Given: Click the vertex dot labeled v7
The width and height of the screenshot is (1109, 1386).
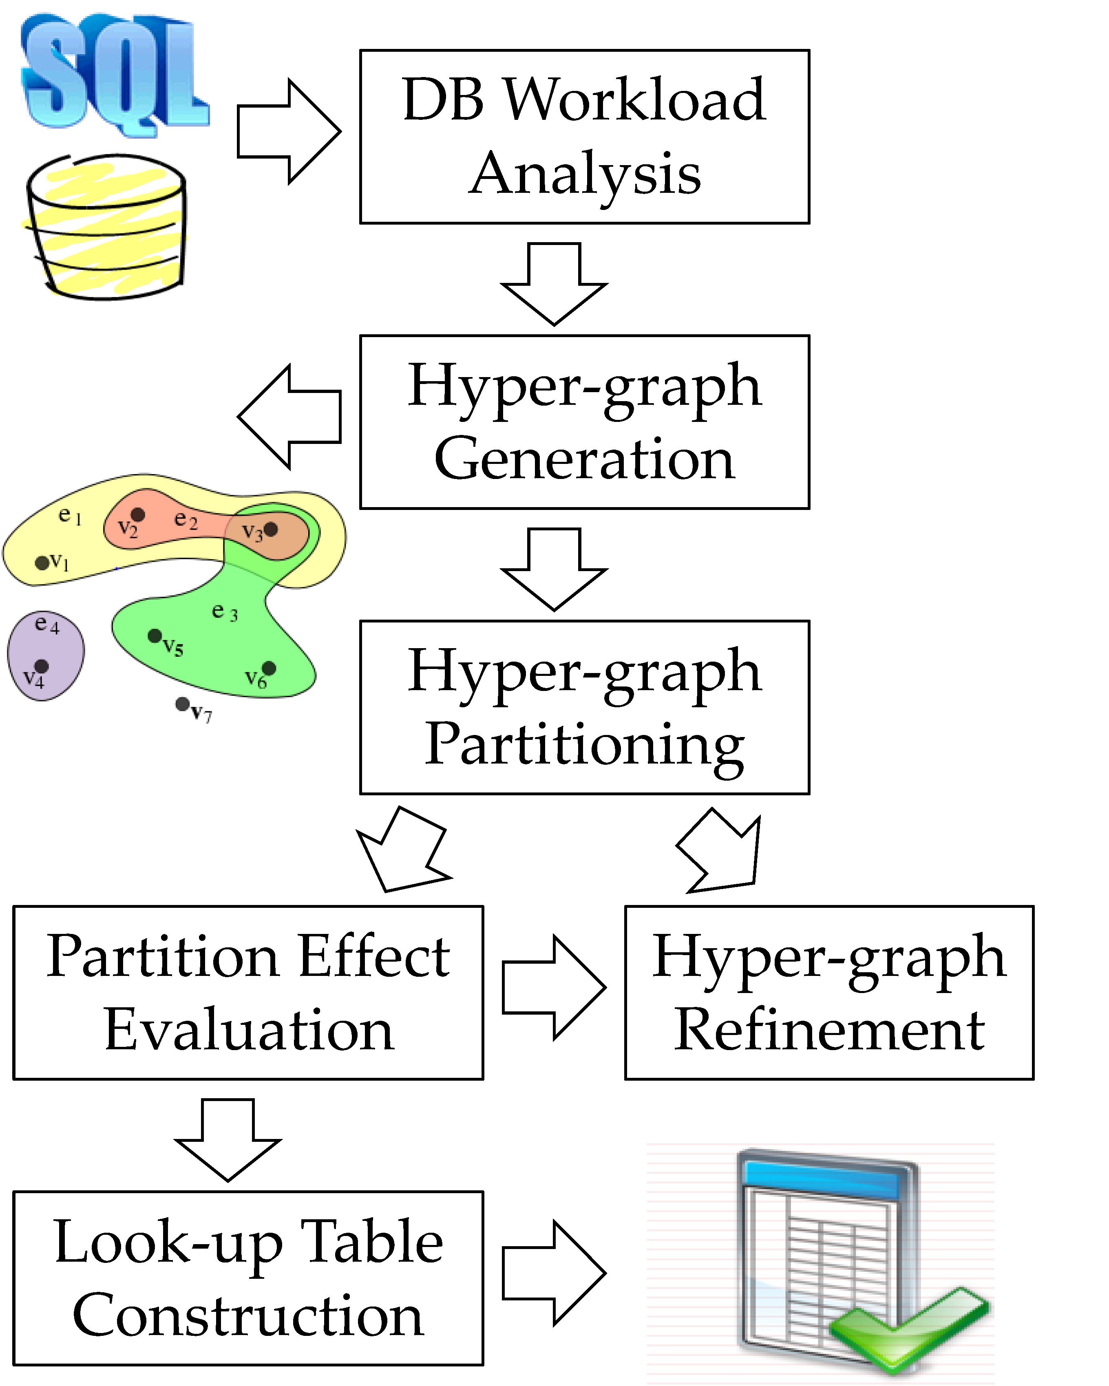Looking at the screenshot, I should coord(183,704).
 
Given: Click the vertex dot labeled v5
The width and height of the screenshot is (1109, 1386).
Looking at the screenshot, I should coord(154,636).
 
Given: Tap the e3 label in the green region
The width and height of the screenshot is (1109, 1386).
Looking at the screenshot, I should coord(224,611).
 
